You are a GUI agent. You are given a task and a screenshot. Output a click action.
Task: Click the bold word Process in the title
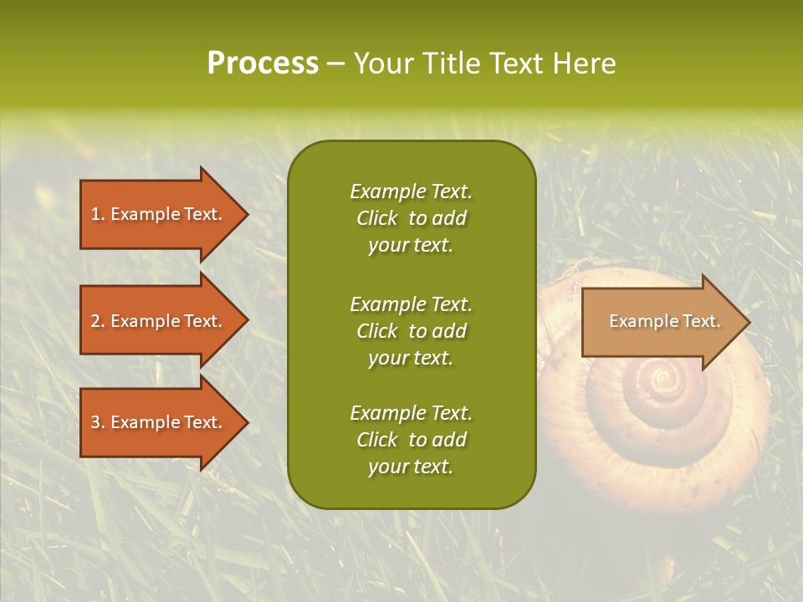point(263,64)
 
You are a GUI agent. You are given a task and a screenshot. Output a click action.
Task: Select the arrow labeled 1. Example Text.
point(159,214)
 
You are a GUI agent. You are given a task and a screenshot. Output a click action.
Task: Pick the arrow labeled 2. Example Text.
point(159,321)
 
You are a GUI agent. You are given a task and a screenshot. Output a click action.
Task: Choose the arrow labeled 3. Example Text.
point(159,422)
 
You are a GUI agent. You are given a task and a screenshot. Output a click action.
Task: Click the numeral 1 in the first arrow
point(95,214)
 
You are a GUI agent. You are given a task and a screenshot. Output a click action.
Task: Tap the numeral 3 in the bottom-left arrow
point(95,422)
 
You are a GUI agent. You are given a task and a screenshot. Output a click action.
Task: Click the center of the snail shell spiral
point(664,382)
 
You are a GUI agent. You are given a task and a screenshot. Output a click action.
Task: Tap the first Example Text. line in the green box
point(411,191)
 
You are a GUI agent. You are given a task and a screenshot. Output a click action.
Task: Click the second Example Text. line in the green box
point(411,304)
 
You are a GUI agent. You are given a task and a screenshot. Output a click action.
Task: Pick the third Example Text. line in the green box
point(411,413)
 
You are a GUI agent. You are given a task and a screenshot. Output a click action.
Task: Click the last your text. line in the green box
point(411,467)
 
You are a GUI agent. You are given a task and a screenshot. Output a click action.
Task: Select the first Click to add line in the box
point(411,218)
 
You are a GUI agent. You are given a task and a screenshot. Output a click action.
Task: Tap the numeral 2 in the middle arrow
point(95,321)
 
